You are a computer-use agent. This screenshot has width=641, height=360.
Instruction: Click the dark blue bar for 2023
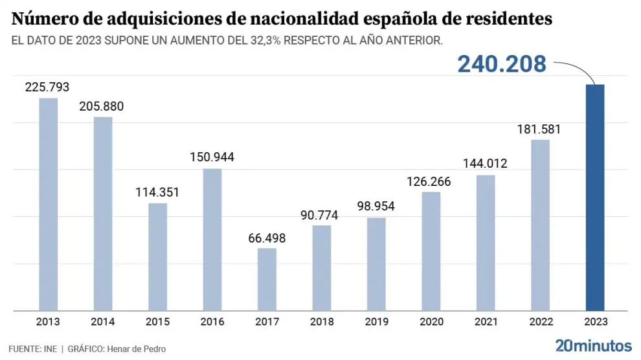click(594, 197)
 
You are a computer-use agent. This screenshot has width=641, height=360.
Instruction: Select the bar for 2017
click(267, 279)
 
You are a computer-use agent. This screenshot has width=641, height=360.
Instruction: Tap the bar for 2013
click(49, 204)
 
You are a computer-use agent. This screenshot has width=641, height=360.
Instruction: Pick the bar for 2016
click(212, 240)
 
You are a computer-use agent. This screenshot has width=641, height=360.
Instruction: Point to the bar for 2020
click(431, 251)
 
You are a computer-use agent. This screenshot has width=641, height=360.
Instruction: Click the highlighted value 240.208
click(502, 64)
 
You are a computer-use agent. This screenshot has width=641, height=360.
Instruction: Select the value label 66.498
click(267, 238)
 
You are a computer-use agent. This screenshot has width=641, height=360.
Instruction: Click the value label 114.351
click(157, 192)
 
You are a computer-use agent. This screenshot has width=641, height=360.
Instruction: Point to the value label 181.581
click(539, 129)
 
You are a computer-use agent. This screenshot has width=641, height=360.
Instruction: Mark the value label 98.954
click(376, 207)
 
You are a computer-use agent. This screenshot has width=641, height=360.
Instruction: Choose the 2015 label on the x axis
click(157, 322)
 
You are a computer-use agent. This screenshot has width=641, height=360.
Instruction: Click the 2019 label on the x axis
click(376, 322)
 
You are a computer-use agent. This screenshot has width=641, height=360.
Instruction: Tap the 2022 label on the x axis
click(539, 322)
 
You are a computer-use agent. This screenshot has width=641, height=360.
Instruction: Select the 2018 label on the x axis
click(321, 322)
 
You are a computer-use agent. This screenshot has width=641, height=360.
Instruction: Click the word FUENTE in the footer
click(23, 349)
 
